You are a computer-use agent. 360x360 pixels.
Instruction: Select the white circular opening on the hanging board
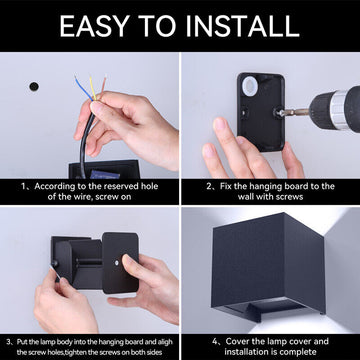[x=249, y=89]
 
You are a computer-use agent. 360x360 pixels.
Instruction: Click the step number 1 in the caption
[x=21, y=186]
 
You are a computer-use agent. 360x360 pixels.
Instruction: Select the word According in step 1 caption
[x=56, y=186]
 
